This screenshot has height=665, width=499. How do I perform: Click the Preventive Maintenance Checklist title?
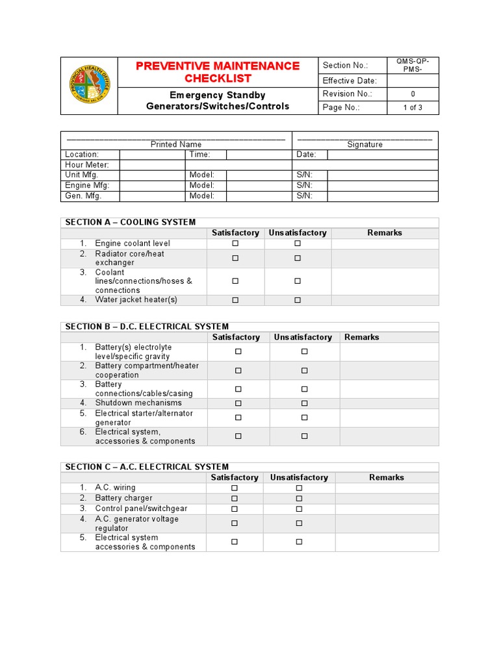click(218, 72)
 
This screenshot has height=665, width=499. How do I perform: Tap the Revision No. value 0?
click(413, 94)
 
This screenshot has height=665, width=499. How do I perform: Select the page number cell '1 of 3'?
click(413, 108)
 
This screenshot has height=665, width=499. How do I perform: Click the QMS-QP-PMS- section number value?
click(413, 65)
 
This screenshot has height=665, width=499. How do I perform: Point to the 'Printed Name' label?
click(176, 144)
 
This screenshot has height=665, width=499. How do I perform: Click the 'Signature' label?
click(365, 144)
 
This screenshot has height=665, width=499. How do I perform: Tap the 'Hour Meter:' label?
click(87, 165)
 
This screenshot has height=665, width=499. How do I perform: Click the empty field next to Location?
click(152, 155)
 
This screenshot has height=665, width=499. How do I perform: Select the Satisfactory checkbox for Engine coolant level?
click(235, 244)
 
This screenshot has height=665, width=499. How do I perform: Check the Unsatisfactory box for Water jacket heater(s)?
click(298, 300)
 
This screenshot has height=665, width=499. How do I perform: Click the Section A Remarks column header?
click(385, 232)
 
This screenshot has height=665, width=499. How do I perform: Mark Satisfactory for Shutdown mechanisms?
click(238, 403)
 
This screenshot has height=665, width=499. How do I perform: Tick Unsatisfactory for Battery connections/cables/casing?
click(304, 389)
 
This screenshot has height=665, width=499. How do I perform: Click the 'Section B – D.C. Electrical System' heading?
click(146, 327)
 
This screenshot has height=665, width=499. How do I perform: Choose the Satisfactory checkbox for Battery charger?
click(235, 498)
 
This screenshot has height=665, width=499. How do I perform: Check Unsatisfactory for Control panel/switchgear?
click(299, 508)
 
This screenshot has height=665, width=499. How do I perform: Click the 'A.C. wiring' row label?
click(115, 488)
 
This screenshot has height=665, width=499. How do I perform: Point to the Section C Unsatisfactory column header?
click(299, 477)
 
